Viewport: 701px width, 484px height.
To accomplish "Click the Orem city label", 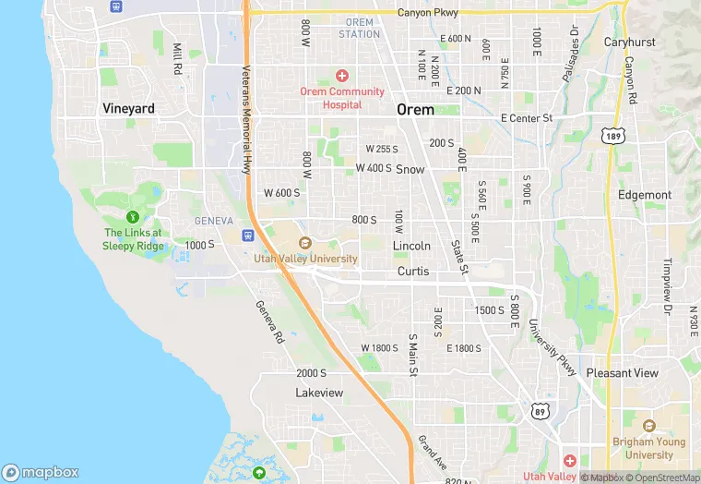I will [x=415, y=109].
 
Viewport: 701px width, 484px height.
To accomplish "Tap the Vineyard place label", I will [x=128, y=109].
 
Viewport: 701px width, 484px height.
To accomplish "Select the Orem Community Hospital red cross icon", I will [x=341, y=76].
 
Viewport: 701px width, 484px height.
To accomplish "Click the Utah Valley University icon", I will [x=305, y=244].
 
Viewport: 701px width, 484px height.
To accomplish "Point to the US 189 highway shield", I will [x=612, y=136].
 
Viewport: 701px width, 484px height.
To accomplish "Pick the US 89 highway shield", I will [x=538, y=408].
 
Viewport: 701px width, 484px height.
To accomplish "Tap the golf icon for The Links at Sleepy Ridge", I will [x=133, y=217].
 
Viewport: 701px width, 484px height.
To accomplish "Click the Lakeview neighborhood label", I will [x=319, y=393].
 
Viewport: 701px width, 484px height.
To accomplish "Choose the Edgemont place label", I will [x=645, y=196].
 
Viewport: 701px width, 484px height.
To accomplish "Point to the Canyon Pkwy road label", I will [x=427, y=13].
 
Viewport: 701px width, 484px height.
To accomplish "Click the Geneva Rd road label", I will [x=269, y=321].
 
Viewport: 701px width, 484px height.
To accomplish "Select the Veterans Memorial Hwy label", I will [x=246, y=120].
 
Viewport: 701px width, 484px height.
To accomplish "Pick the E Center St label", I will [x=526, y=118].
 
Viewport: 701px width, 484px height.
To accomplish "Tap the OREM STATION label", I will [x=359, y=28].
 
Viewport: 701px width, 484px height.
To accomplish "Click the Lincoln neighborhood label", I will [x=411, y=247].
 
